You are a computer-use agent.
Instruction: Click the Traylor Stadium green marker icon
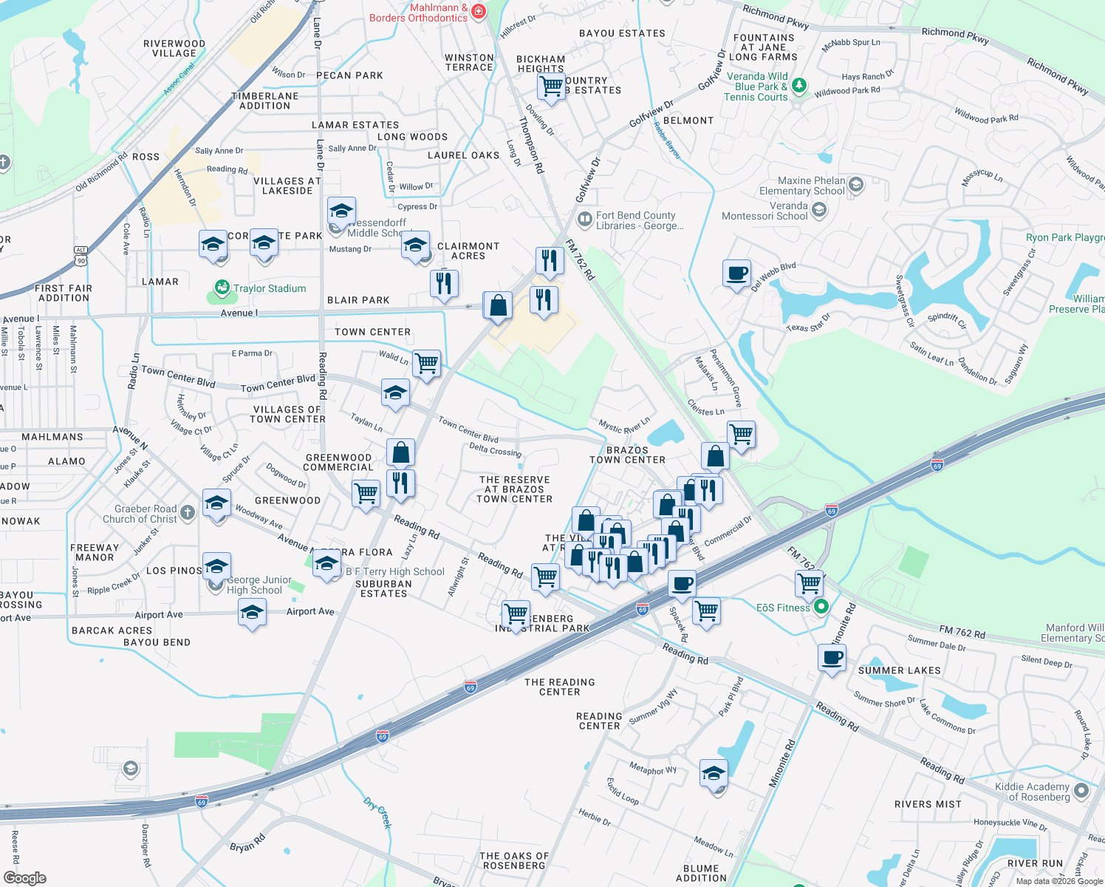[x=222, y=288]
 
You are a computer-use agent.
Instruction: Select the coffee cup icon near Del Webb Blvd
[x=736, y=273]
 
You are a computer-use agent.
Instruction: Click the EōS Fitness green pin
[x=821, y=608]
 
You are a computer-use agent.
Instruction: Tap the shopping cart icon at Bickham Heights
[x=551, y=86]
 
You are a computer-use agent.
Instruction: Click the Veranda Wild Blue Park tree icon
[x=798, y=86]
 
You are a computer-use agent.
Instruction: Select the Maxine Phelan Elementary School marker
[x=856, y=184]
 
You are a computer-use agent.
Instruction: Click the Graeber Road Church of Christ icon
[x=188, y=512]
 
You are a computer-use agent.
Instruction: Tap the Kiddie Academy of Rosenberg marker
[x=1081, y=791]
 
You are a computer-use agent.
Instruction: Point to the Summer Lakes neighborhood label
[x=899, y=670]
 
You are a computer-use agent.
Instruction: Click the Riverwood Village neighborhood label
[x=174, y=48]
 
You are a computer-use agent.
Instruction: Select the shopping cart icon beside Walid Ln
[x=426, y=364]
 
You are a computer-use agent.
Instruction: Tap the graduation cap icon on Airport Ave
[x=252, y=613]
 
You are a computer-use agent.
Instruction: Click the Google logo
[x=25, y=878]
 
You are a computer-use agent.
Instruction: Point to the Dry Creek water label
[x=377, y=812]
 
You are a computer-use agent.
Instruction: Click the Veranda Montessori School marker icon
[x=818, y=211]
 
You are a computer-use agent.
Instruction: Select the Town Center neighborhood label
[x=372, y=332]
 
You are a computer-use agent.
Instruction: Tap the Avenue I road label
[x=239, y=313]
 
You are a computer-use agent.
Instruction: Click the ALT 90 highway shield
[x=81, y=256]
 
